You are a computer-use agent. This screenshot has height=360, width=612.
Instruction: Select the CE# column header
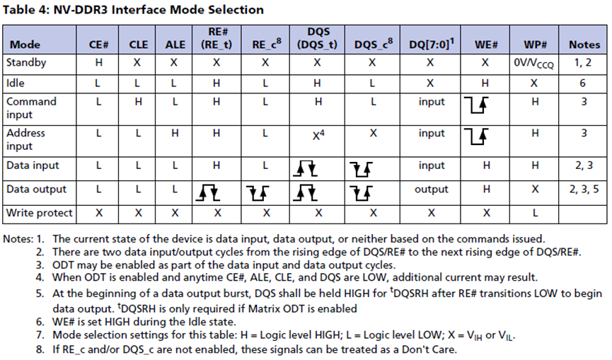tap(98, 45)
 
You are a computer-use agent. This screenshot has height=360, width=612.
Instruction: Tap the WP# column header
tap(535, 45)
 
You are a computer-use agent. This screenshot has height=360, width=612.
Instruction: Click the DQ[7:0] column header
tap(432, 45)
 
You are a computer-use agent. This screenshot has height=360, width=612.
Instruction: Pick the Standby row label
tap(26, 63)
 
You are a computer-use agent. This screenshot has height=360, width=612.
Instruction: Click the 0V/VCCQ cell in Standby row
tap(535, 63)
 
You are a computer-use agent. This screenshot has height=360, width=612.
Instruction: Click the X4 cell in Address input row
tap(318, 134)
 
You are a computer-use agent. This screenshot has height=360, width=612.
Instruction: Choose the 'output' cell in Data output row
tap(432, 190)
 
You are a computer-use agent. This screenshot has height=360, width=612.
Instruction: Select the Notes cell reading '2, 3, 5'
tap(584, 190)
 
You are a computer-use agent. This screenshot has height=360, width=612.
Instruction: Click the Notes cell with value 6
tap(584, 83)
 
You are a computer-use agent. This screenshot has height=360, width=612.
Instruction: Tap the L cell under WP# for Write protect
tap(535, 212)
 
